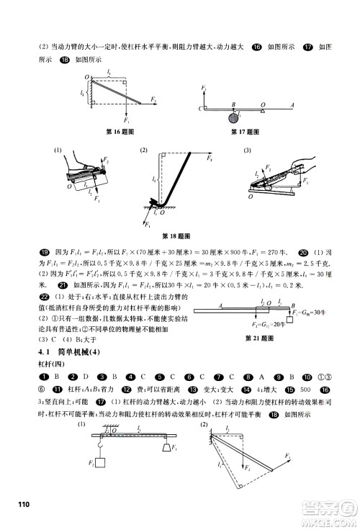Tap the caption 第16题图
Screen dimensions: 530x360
click(x=120, y=132)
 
